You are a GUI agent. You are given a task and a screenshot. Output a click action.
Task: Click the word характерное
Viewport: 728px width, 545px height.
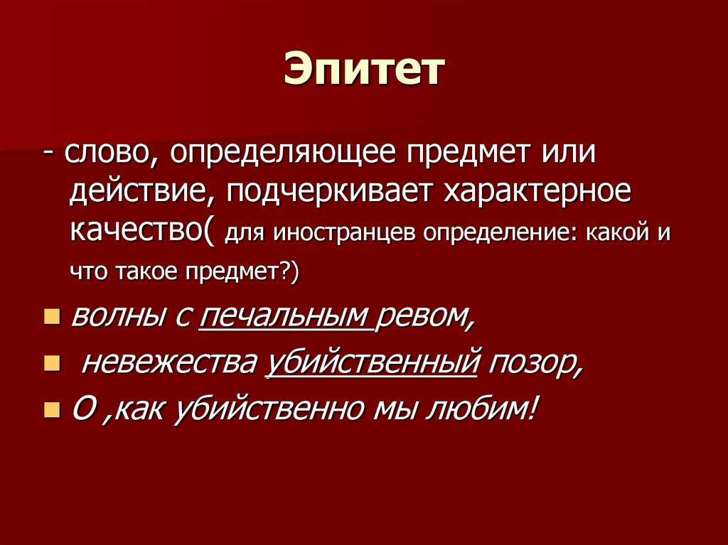click(537, 192)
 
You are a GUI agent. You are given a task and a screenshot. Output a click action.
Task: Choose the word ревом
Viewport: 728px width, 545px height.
click(426, 319)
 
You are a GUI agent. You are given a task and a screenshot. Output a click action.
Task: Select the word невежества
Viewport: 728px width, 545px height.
click(168, 363)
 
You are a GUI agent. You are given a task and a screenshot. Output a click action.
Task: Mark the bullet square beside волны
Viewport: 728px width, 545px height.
click(52, 318)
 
